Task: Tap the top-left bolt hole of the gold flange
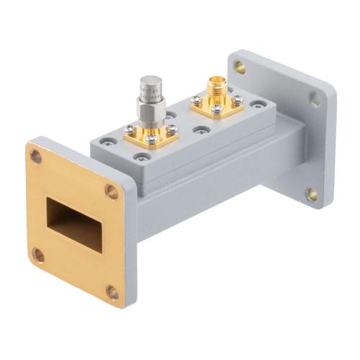click(x=35, y=153)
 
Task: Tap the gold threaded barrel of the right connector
click(x=214, y=88)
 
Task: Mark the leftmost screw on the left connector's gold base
click(x=130, y=130)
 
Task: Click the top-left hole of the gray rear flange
click(x=240, y=67)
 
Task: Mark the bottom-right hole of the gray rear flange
click(x=311, y=194)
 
